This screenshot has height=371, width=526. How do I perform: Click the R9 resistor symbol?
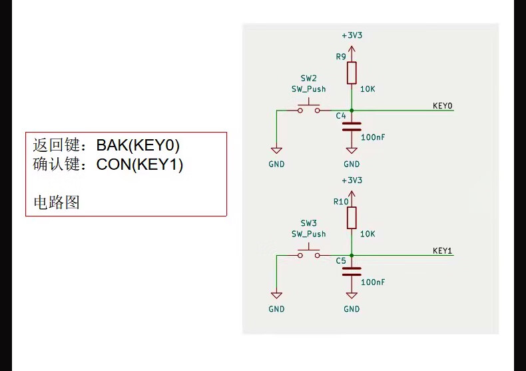tap(352, 73)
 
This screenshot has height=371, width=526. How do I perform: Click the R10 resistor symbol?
tap(352, 217)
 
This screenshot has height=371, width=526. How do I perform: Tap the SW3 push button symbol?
tap(308, 253)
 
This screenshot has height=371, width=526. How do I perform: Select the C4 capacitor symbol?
tap(352, 126)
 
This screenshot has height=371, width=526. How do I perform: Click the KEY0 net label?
tap(442, 106)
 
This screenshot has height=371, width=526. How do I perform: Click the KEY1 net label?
tap(442, 250)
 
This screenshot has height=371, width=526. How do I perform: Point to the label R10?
tap(341, 201)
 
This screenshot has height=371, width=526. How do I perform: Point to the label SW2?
tap(308, 78)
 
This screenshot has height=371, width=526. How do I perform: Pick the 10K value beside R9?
tap(368, 89)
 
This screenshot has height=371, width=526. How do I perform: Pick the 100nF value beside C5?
tap(373, 282)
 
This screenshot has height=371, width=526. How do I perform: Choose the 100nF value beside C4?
tap(373, 137)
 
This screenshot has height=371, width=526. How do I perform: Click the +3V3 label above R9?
tap(352, 35)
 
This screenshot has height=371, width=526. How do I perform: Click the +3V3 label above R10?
tap(352, 181)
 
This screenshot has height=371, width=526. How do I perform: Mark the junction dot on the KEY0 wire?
tap(352, 110)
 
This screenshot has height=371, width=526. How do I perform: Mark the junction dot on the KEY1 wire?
tap(352, 255)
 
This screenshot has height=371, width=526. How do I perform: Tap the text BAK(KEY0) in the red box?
tap(138, 145)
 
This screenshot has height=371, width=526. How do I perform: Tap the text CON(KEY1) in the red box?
tap(140, 165)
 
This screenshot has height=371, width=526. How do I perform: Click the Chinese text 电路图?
tap(57, 202)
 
